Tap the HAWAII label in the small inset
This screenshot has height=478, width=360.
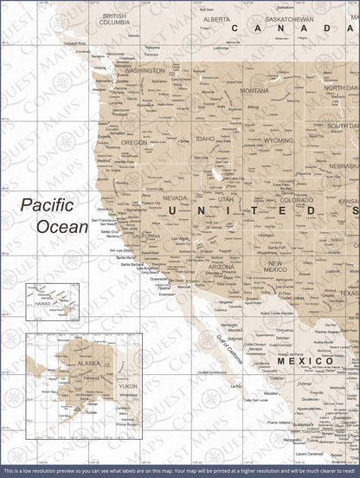(40, 303)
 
